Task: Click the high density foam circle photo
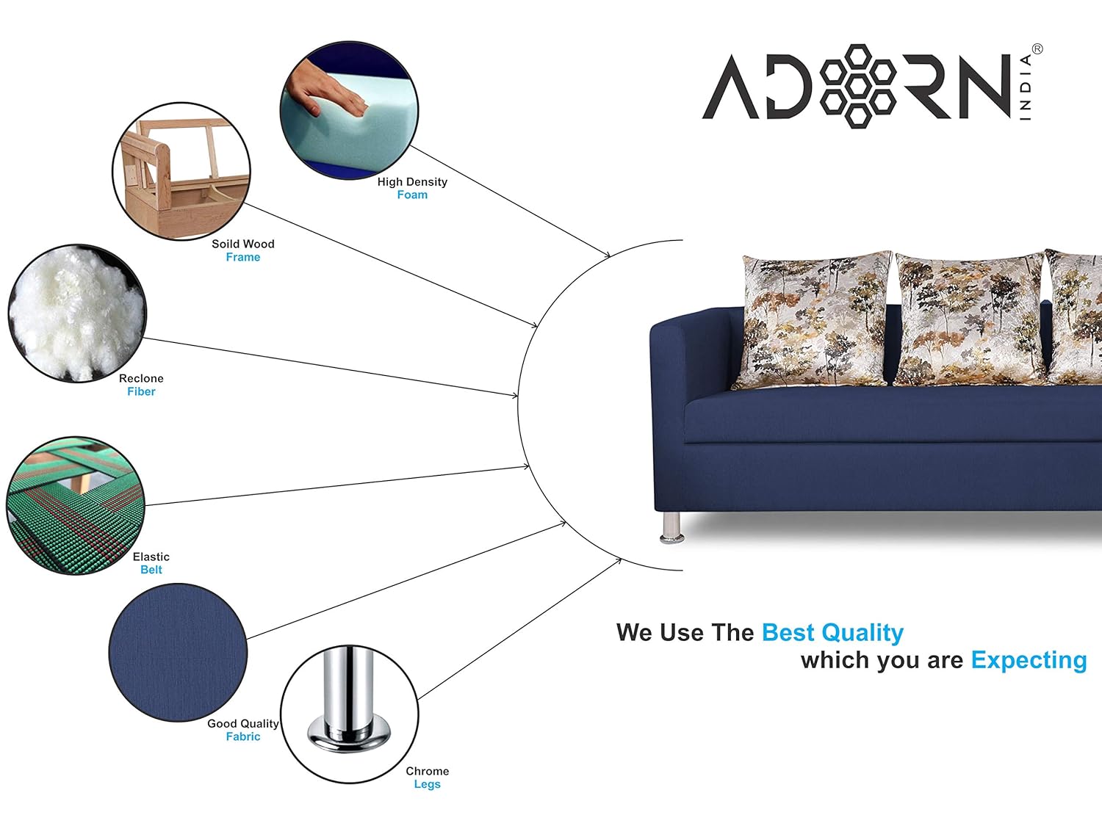349,110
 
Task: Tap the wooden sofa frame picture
181,172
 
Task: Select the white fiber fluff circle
77,314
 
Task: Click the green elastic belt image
76,506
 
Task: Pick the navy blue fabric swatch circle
179,653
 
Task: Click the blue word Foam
412,195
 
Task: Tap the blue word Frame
243,257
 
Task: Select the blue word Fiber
141,391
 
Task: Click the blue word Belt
151,570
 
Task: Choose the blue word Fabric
243,736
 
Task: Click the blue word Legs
428,784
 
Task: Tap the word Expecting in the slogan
1029,661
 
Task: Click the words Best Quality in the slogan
832,633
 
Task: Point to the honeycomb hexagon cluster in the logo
857,86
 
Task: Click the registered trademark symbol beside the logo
1037,49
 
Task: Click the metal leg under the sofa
671,527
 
